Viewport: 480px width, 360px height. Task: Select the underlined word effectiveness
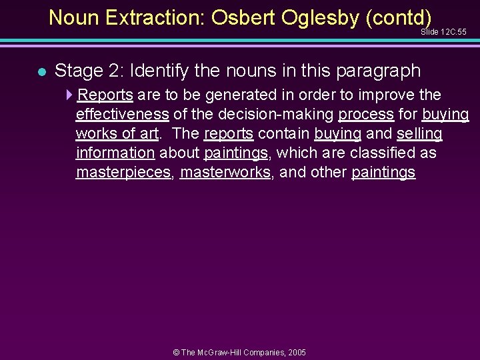(x=122, y=114)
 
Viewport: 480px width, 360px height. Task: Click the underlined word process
(x=366, y=114)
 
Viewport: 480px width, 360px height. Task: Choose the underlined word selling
(x=419, y=133)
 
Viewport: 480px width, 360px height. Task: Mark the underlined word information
(x=115, y=153)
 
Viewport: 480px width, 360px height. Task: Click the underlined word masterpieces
(x=123, y=172)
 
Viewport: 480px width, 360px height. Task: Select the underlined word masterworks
(x=225, y=172)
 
